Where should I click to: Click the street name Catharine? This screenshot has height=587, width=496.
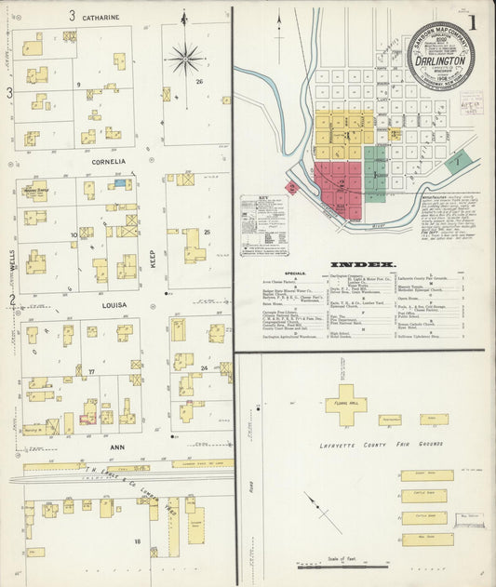[x=100, y=17]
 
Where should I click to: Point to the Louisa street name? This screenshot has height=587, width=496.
[x=99, y=303]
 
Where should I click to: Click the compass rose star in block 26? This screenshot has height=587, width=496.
[x=186, y=60]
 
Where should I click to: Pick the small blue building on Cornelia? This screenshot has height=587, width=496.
[x=118, y=184]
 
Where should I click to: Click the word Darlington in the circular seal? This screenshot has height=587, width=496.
[x=441, y=54]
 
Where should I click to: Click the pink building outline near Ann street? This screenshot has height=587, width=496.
[x=88, y=420]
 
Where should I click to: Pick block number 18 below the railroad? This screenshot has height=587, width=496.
[x=137, y=540]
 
